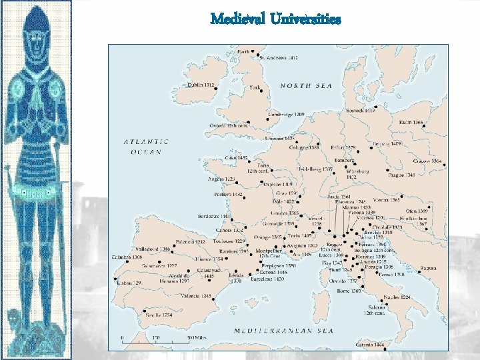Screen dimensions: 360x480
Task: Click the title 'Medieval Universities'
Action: (x=275, y=19)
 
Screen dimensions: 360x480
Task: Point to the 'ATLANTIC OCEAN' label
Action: (x=146, y=146)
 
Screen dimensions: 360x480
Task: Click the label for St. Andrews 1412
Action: (x=278, y=59)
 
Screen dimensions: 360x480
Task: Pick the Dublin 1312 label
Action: (x=200, y=85)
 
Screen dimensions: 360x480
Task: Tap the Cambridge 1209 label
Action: (x=285, y=115)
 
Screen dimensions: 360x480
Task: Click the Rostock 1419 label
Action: (x=361, y=110)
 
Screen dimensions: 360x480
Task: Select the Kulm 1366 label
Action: (x=411, y=123)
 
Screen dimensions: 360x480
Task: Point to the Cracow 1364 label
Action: (x=427, y=161)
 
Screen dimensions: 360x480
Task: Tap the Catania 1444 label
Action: (x=370, y=345)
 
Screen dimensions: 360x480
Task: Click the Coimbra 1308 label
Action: (x=127, y=257)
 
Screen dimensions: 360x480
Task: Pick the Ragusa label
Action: (x=428, y=269)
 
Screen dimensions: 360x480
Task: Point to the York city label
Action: (x=254, y=87)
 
